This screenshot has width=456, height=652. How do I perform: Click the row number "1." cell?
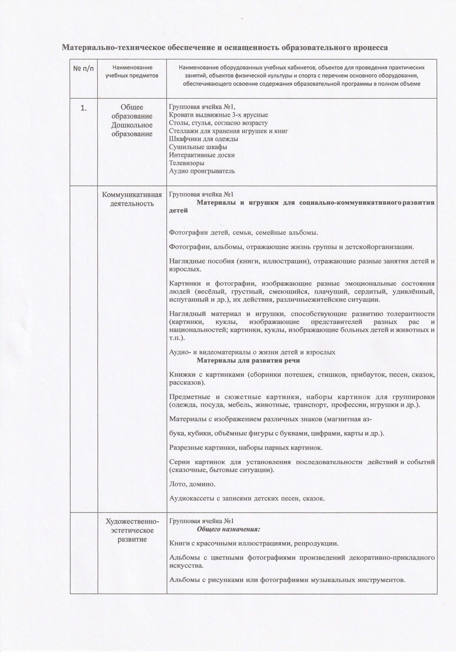tap(84, 108)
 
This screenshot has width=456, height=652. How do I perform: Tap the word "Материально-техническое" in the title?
tap(113, 47)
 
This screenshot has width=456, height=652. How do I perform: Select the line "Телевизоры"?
tap(187, 163)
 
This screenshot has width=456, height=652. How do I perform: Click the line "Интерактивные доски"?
tap(202, 155)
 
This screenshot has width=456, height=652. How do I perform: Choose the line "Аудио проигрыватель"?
tap(202, 171)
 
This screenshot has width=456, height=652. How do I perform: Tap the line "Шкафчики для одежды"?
tap(204, 139)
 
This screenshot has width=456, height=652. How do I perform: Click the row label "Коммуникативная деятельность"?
tap(132, 199)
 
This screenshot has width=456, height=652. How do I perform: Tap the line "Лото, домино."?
tap(192, 484)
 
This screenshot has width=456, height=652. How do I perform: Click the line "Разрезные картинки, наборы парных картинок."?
tap(246, 448)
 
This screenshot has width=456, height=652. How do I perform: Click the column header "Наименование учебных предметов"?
tap(132, 72)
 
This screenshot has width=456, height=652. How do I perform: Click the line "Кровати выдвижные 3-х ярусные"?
tap(218, 115)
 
